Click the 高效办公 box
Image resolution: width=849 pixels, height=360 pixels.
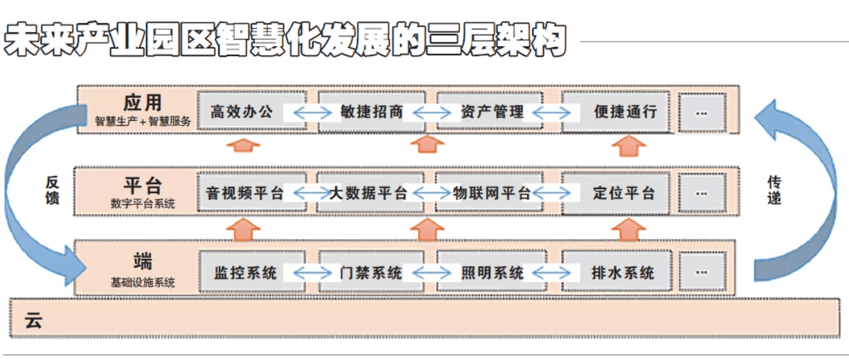(251, 111)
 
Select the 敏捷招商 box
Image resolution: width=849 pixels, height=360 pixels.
(371, 111)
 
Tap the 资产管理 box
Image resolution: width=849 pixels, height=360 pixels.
(490, 111)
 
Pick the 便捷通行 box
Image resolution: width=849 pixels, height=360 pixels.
(616, 111)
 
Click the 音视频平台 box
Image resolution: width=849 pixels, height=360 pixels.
(251, 192)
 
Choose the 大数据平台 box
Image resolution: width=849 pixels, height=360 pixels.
(370, 192)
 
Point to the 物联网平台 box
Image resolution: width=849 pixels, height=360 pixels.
(489, 192)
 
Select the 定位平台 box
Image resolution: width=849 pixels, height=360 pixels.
(616, 193)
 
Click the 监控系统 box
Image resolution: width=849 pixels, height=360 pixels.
(253, 271)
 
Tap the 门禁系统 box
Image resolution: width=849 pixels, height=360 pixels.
(371, 271)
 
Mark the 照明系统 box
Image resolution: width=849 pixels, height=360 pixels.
(492, 271)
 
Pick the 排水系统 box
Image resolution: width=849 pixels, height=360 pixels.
(616, 271)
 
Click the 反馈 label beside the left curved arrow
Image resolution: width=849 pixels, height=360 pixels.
(53, 190)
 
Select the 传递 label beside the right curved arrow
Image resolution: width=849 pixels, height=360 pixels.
(774, 190)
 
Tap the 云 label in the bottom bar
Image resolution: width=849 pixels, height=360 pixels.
(33, 321)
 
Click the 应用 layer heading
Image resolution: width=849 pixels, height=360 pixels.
(143, 102)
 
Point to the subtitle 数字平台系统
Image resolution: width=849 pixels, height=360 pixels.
(143, 204)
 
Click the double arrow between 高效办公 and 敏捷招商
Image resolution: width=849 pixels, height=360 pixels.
(312, 113)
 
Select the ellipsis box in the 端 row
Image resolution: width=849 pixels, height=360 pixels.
(703, 272)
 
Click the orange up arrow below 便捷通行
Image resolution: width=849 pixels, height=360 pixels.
(629, 146)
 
